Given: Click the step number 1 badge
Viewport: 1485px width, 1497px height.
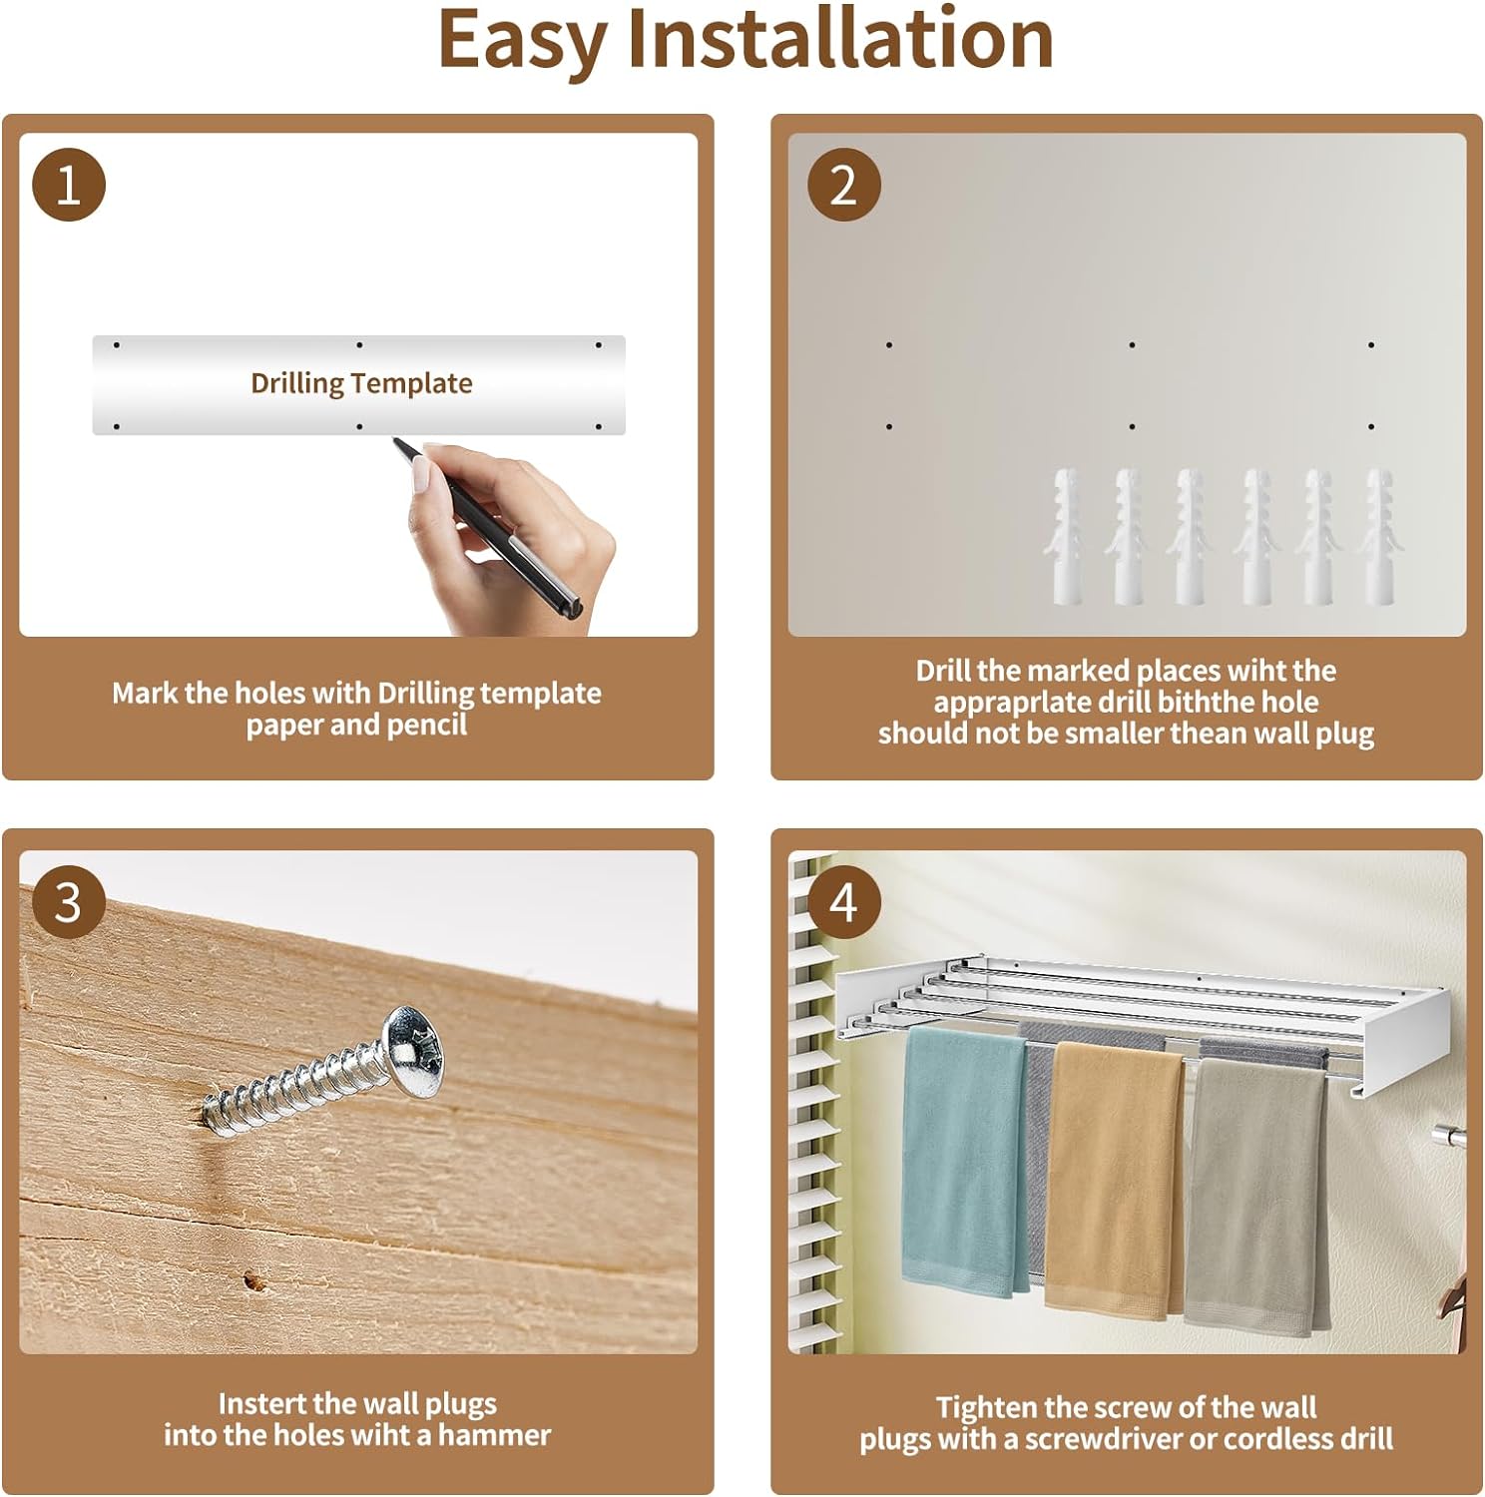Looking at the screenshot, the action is pos(69,185).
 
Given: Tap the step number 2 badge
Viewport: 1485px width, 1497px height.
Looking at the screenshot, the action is pos(843,185).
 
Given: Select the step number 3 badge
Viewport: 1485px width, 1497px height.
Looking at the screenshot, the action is pos(69,902).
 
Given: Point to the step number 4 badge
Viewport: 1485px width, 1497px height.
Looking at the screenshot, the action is pos(843,902).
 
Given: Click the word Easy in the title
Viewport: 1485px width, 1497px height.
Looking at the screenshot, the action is pos(522,42).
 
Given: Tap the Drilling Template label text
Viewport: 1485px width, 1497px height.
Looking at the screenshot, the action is pos(361,383).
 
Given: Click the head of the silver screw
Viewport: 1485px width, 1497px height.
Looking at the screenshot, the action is pos(416,1051).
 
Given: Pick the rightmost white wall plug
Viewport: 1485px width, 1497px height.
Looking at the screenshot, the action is pos(1379,537).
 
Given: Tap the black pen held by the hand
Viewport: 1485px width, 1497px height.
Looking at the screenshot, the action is pos(489,529).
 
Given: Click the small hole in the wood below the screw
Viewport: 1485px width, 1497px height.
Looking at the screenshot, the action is pos(251,1279).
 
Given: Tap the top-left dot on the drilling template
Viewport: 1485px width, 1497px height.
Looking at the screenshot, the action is pos(117,345).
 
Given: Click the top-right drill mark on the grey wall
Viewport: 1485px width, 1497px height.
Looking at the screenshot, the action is pos(1371,345).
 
